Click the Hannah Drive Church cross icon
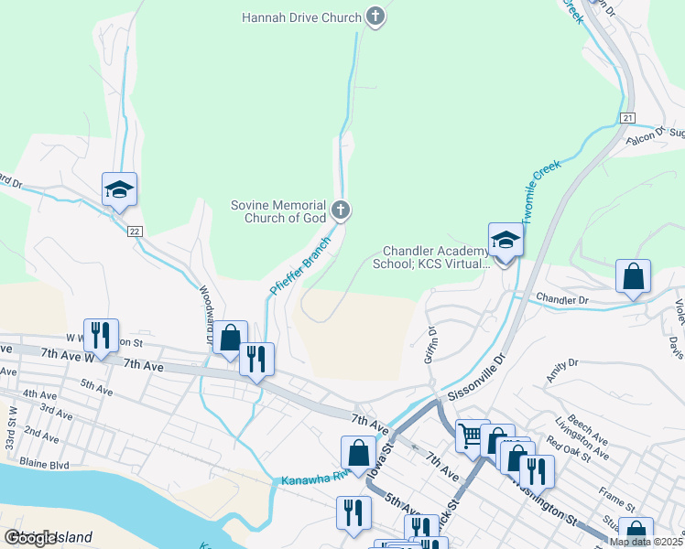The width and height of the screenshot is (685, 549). point(374,16)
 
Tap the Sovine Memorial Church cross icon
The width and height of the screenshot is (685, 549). point(340,211)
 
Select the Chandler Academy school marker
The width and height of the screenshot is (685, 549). point(505,242)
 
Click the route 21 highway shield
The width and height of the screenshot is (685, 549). point(627,118)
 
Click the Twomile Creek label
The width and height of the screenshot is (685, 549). point(540,194)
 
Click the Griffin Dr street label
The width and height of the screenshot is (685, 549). point(429,345)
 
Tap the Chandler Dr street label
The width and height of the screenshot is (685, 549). point(561,299)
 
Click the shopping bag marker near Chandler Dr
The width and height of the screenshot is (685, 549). point(633,276)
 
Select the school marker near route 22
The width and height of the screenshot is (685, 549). point(119,190)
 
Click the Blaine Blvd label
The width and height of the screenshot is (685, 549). point(47,464)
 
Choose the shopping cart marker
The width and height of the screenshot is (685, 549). point(473,436)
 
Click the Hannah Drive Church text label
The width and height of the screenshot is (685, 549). point(301,16)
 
